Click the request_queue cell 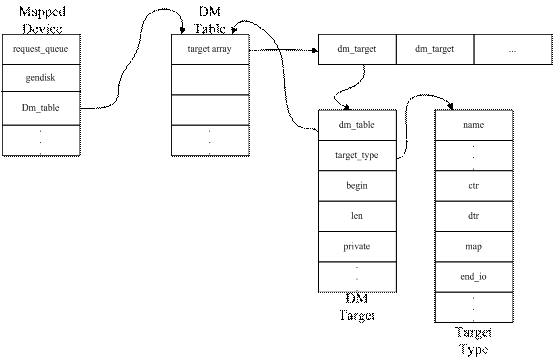[41, 49]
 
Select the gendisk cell [41, 78]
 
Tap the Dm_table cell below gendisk [41, 108]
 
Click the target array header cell [210, 49]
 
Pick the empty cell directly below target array [210, 78]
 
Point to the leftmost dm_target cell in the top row [357, 49]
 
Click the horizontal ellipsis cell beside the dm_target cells [512, 49]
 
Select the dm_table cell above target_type [357, 125]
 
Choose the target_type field [357, 156]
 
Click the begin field [357, 186]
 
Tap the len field [357, 216]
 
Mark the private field [357, 246]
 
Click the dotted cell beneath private [357, 276]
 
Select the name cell [474, 125]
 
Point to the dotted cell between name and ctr [474, 156]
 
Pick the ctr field [474, 186]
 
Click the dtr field [474, 216]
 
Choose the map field [474, 246]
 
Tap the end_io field [474, 276]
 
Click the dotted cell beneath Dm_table [41, 139]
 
